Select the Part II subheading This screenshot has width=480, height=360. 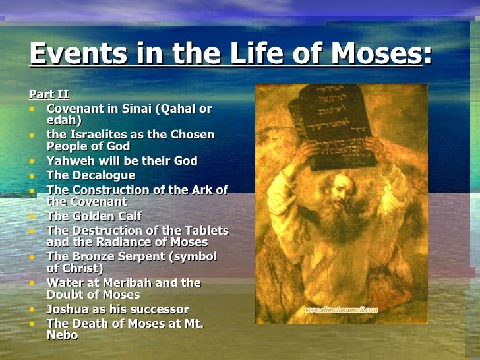pyautogui.click(x=49, y=94)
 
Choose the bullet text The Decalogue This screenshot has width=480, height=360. pyautogui.click(x=91, y=175)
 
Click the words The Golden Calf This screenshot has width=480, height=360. pyautogui.click(x=94, y=216)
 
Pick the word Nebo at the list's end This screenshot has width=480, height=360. pyautogui.click(x=62, y=335)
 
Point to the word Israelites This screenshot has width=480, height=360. pyautogui.click(x=100, y=135)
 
